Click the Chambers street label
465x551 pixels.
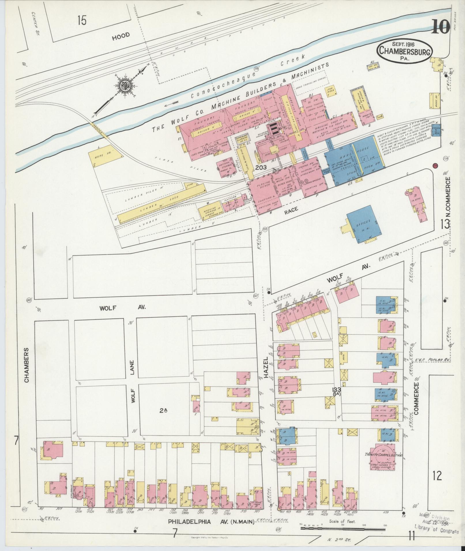(27, 365)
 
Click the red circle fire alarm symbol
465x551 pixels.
(435, 166)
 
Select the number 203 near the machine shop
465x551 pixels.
(261, 167)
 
